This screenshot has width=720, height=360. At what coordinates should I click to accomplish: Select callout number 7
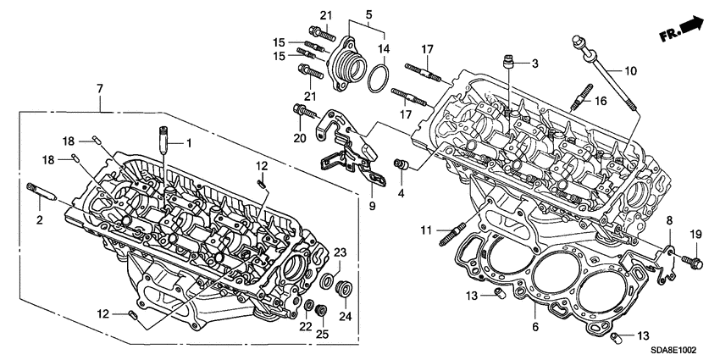tap(101, 88)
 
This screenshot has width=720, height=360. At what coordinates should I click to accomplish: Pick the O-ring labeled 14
tap(379, 83)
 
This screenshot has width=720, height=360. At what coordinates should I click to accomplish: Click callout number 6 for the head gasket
tap(534, 324)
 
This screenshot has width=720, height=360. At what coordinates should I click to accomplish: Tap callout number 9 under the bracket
tap(370, 205)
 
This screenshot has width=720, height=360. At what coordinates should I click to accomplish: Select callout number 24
tap(345, 315)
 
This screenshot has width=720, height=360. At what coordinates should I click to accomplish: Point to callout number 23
tap(341, 251)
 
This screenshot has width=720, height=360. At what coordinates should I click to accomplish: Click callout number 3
tap(535, 64)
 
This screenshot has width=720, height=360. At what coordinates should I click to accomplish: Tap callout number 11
tap(428, 230)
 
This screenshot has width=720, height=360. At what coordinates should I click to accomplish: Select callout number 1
tap(190, 143)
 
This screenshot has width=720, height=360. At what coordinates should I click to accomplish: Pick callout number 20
tap(298, 137)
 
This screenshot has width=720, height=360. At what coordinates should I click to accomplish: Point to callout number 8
tap(667, 221)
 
